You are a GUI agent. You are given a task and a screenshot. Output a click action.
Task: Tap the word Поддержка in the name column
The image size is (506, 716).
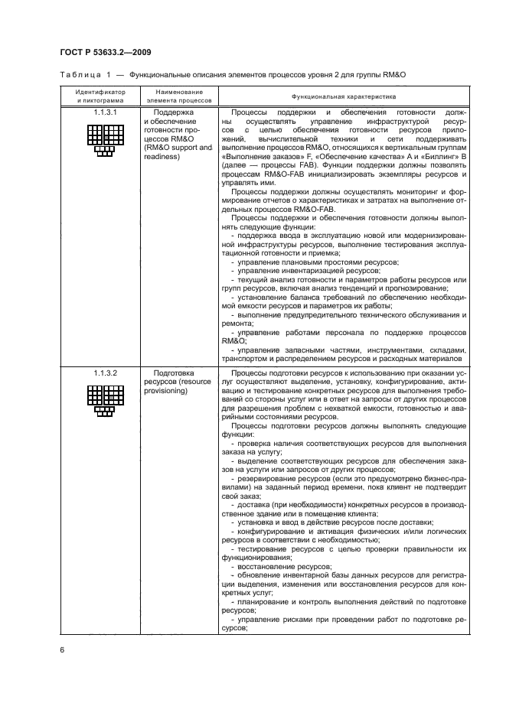coord(174,112)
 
